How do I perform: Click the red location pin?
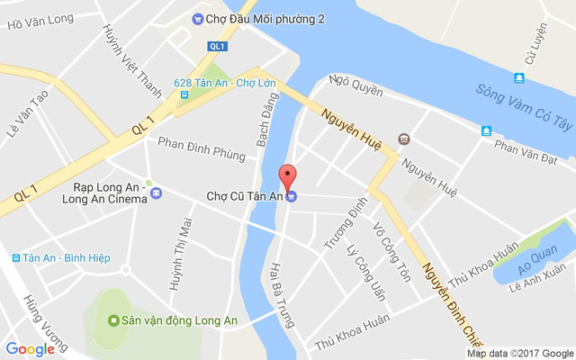287,176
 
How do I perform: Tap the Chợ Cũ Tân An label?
245,195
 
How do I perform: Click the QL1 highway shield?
217,46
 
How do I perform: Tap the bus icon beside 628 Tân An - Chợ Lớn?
184,94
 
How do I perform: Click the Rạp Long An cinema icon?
156,193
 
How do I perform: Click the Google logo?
30,349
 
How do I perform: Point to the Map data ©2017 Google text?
519,353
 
